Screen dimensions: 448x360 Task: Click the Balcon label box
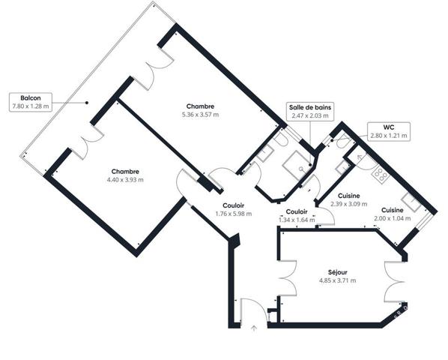click(31, 102)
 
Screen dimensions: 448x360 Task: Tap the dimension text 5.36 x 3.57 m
click(200, 115)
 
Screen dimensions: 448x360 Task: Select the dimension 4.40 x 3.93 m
click(125, 180)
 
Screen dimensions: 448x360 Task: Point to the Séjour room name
click(337, 272)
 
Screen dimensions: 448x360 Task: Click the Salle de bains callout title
click(310, 107)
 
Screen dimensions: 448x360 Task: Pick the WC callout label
click(389, 127)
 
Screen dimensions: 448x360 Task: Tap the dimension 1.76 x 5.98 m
click(234, 214)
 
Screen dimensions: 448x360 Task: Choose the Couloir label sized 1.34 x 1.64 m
click(297, 211)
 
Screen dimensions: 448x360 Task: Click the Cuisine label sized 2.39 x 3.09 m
click(349, 196)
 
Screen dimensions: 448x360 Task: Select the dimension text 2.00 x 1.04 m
click(393, 218)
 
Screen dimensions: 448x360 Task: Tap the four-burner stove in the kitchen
click(380, 174)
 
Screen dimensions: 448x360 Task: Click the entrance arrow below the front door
click(253, 328)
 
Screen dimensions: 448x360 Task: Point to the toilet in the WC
click(342, 142)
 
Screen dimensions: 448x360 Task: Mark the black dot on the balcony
click(87, 103)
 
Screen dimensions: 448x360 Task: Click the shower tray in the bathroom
click(297, 165)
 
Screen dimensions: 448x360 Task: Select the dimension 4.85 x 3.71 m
click(337, 280)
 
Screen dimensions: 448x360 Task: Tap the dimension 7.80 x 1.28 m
click(31, 106)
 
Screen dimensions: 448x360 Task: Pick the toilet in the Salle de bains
click(280, 140)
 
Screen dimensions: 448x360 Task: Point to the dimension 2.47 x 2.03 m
click(310, 115)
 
